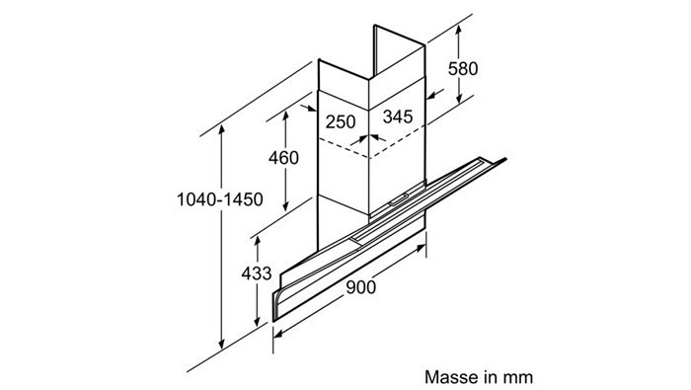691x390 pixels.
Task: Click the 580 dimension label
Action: pyautogui.click(x=463, y=69)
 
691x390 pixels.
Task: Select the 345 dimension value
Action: pyautogui.click(x=398, y=117)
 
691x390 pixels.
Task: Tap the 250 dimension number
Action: pyautogui.click(x=341, y=121)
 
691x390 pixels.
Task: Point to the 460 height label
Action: pyautogui.click(x=283, y=158)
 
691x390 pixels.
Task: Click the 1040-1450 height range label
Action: pyautogui.click(x=220, y=199)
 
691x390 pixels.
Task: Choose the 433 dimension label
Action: pyautogui.click(x=256, y=273)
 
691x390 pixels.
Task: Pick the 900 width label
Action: pyautogui.click(x=361, y=287)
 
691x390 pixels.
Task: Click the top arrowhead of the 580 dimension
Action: pyautogui.click(x=459, y=30)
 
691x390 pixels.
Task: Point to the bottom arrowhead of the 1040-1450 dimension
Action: pyautogui.click(x=222, y=345)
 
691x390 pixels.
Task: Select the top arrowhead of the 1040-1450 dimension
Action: pyautogui.click(x=222, y=130)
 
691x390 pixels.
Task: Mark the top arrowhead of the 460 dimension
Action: pyautogui.click(x=285, y=116)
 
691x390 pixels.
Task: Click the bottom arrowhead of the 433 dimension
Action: pyautogui.click(x=257, y=321)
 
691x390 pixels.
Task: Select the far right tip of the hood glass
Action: pyautogui.click(x=505, y=159)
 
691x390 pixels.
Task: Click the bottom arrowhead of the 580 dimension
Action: pyautogui.click(x=459, y=99)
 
